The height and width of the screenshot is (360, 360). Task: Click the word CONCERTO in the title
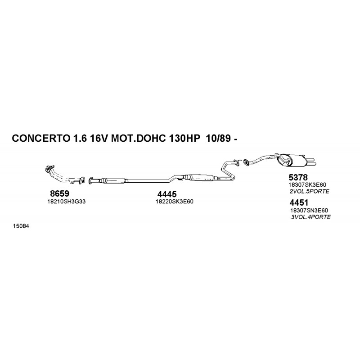click(40, 139)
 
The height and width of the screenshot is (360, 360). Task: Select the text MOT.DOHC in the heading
click(138, 139)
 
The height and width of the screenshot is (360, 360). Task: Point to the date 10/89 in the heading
click(218, 139)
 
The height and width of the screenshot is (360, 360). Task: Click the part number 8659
click(59, 193)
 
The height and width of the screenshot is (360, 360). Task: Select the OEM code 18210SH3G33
click(66, 202)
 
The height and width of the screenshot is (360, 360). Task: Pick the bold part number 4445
click(167, 194)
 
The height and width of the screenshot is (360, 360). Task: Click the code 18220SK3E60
click(175, 202)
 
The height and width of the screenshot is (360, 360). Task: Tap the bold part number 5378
click(298, 177)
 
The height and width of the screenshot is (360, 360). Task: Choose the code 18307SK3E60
click(307, 185)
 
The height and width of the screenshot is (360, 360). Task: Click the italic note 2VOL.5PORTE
click(309, 191)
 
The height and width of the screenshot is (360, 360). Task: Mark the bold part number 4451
click(299, 203)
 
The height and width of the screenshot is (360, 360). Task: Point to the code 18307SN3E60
click(309, 210)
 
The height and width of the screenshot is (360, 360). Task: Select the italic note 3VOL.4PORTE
click(311, 217)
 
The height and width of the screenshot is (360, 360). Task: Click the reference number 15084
click(21, 226)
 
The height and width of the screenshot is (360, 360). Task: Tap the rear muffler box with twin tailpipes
click(298, 161)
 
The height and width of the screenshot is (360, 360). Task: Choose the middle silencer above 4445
click(202, 177)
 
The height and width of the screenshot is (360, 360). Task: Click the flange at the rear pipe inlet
click(246, 162)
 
